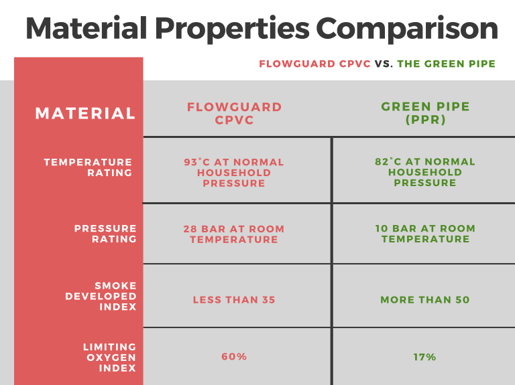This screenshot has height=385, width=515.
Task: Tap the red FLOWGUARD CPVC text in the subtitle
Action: pyautogui.click(x=314, y=64)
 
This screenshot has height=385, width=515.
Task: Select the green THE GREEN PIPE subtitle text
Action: pyautogui.click(x=447, y=64)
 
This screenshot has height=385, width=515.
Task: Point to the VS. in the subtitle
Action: pyautogui.click(x=384, y=64)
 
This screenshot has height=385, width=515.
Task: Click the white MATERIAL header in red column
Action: pyautogui.click(x=85, y=113)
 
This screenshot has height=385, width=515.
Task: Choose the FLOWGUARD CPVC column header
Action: pyautogui.click(x=234, y=113)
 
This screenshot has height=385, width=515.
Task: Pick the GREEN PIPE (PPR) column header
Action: pyautogui.click(x=425, y=113)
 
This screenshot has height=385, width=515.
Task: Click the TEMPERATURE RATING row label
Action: pyautogui.click(x=89, y=167)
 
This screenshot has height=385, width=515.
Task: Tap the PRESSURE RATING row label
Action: pyautogui.click(x=105, y=234)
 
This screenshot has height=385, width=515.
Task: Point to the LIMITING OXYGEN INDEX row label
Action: pyautogui.click(x=109, y=357)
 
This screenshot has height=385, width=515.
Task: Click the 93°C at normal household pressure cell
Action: pyautogui.click(x=234, y=173)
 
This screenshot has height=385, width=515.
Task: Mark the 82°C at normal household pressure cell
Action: pyautogui.click(x=425, y=173)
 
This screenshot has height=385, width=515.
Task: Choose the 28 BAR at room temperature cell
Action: pyautogui.click(x=234, y=234)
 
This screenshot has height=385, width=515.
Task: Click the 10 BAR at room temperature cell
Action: pyautogui.click(x=425, y=234)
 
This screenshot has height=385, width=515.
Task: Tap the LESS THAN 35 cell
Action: pyautogui.click(x=234, y=300)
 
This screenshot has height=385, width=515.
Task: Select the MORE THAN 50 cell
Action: pyautogui.click(x=425, y=300)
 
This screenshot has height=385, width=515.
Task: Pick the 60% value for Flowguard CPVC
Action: pyautogui.click(x=234, y=357)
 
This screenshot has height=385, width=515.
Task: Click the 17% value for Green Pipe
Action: pyautogui.click(x=425, y=357)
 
